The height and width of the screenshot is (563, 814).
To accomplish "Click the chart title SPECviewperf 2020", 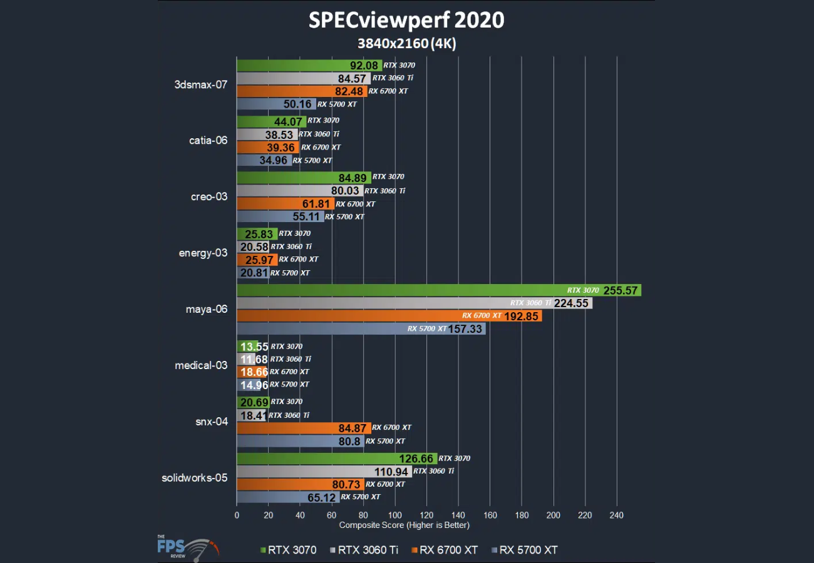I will [x=406, y=20].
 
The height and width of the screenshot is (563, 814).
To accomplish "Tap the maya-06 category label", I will [x=206, y=309].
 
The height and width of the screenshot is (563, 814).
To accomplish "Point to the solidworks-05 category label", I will [x=194, y=479].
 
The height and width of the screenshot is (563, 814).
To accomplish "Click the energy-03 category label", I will [x=202, y=253].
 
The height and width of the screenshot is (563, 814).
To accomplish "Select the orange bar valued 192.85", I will [x=388, y=316].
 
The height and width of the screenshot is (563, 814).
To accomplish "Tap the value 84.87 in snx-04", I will [x=353, y=428].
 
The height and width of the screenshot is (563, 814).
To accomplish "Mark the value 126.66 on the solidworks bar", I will [x=417, y=459].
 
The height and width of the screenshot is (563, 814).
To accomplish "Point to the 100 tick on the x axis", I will [x=395, y=515].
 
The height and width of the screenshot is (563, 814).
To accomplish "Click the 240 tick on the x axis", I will [x=617, y=515].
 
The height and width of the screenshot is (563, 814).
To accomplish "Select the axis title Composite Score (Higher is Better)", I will [x=404, y=525].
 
